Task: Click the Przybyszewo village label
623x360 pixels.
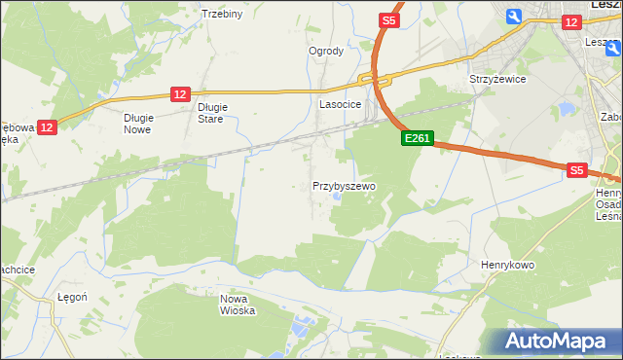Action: click(345, 185)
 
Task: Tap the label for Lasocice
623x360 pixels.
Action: click(341, 103)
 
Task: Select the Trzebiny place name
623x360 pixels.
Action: click(221, 14)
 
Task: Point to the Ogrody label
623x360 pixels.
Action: click(326, 52)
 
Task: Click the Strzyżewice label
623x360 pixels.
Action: click(497, 79)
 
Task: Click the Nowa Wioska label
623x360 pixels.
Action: click(238, 305)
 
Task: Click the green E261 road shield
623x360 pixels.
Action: click(417, 139)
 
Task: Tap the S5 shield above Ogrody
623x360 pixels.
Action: click(388, 19)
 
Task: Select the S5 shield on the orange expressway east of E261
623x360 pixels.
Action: click(576, 169)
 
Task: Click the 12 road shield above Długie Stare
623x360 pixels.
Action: click(179, 93)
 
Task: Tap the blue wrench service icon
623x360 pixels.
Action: click(514, 16)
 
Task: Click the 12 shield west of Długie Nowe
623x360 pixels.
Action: click(49, 126)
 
